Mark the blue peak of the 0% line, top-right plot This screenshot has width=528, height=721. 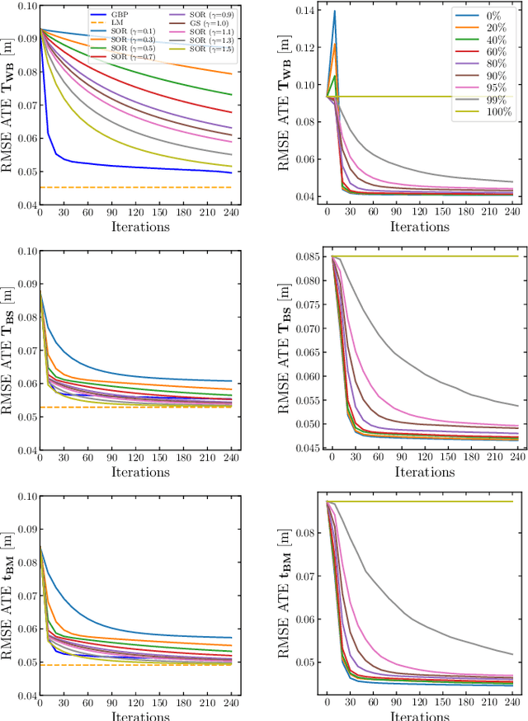[x=334, y=12]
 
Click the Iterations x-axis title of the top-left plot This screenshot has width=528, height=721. [x=136, y=226]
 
